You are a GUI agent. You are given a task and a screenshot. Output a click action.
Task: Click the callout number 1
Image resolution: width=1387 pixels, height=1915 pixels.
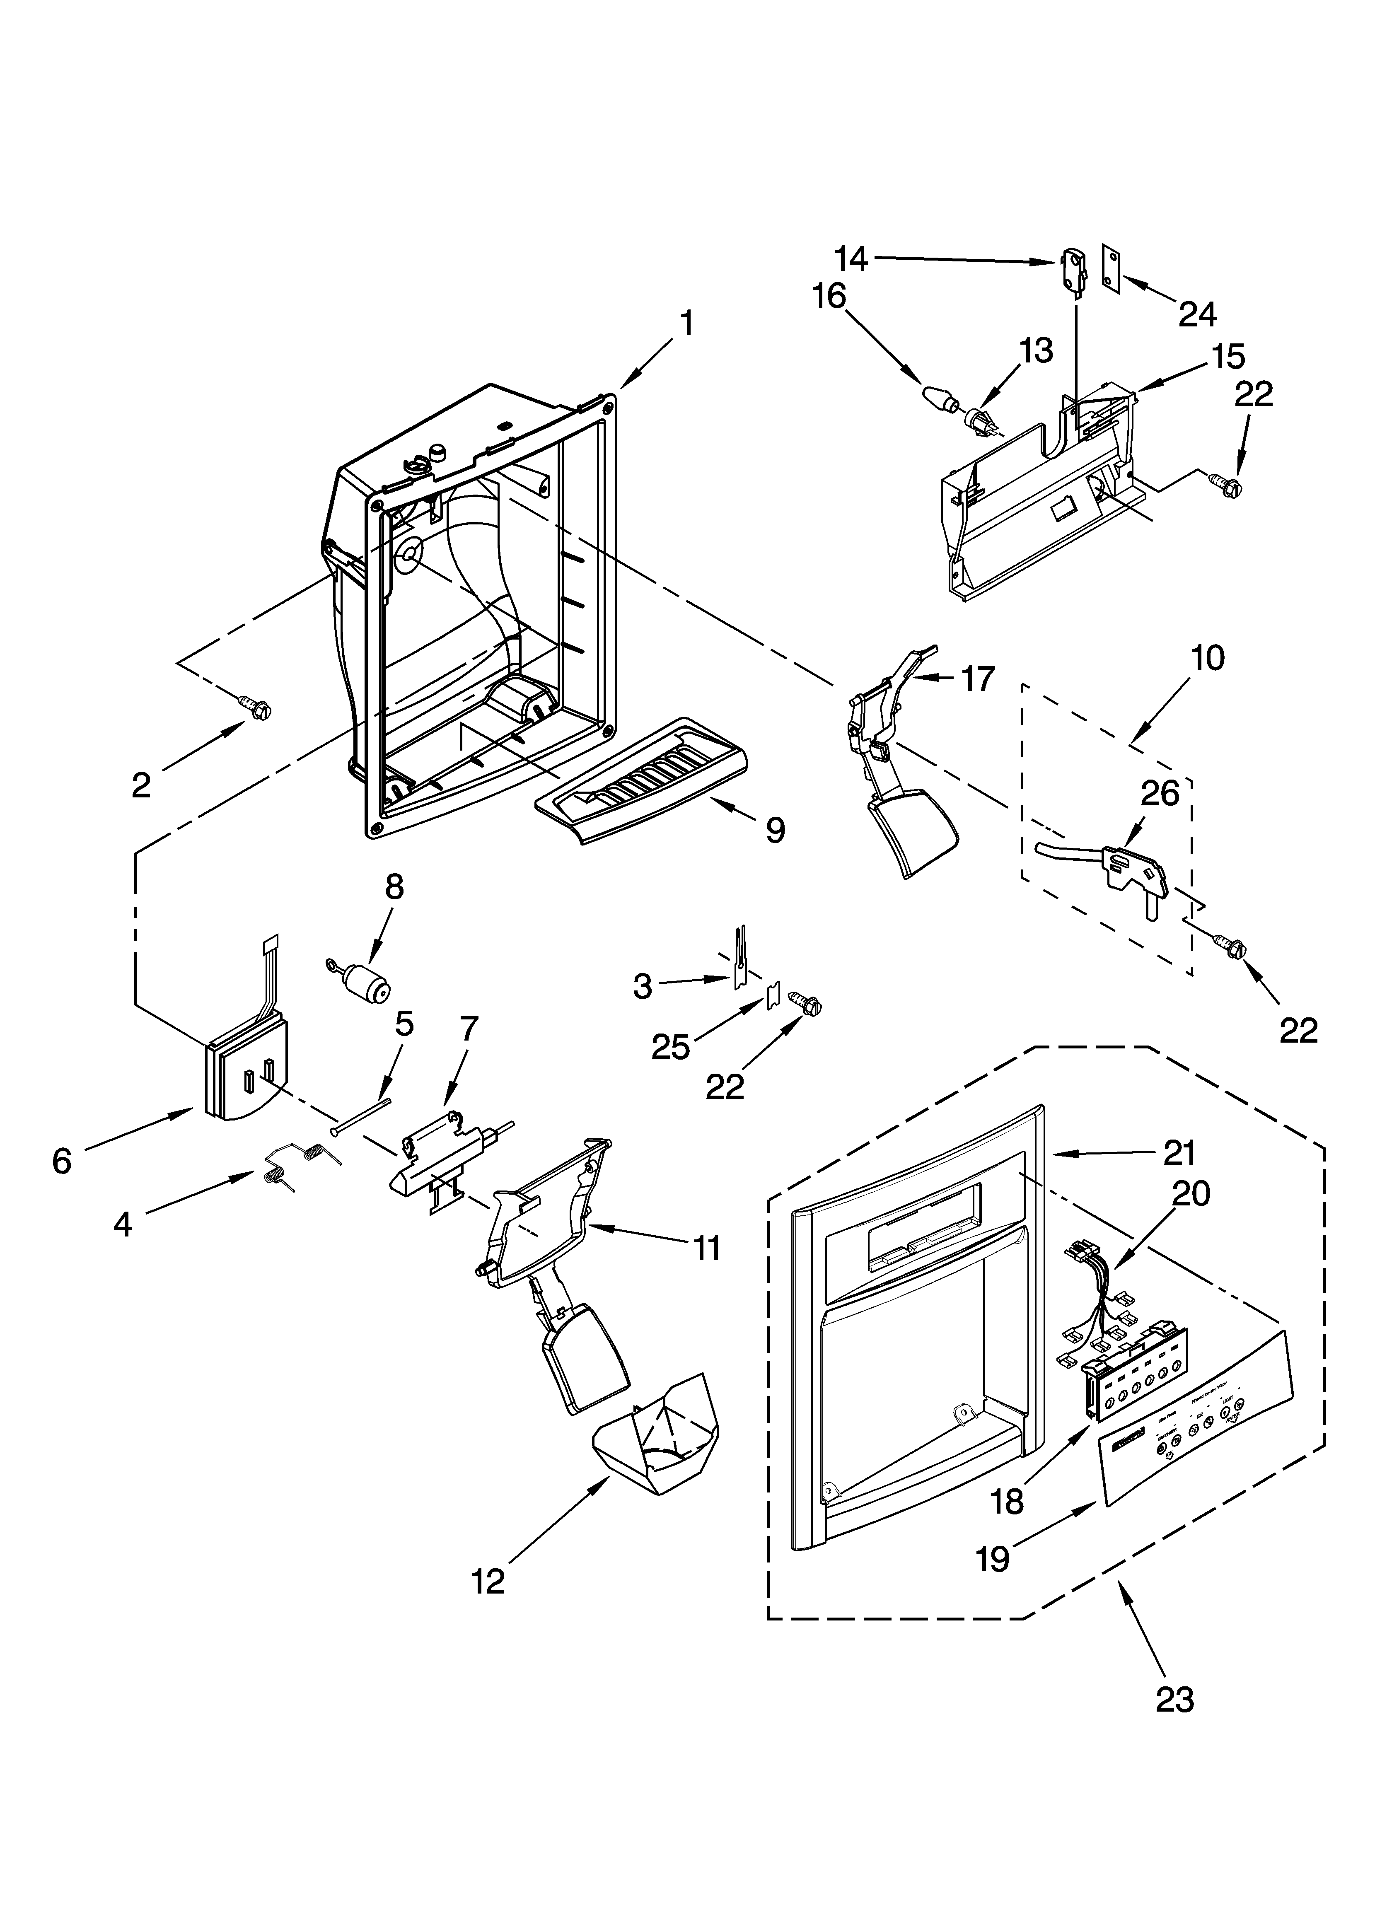click(687, 324)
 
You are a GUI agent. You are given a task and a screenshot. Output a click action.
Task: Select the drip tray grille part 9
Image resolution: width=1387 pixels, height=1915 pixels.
click(642, 778)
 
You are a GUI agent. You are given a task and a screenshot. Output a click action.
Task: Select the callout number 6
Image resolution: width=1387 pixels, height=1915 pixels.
click(62, 1161)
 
